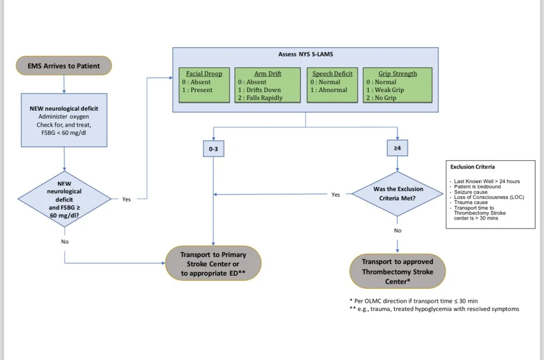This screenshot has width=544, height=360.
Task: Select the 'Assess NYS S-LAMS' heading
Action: pos(305,55)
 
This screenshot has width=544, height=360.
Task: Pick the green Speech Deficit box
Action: pos(332,84)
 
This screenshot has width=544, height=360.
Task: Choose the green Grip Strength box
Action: pos(397,84)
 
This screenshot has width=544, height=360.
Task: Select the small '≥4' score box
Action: pos(397,147)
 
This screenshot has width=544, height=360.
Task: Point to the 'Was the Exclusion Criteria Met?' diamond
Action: pos(397,194)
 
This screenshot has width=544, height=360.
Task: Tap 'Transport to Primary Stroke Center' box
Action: pos(213,264)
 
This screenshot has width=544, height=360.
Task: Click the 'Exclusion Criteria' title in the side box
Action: pos(473,167)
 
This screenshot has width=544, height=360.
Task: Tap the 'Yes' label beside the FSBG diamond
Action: pos(126,200)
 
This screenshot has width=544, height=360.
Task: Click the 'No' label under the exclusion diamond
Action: pos(397,231)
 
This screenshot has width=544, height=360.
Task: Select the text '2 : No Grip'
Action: pos(381,98)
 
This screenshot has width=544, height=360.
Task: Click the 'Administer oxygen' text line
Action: pos(64,117)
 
